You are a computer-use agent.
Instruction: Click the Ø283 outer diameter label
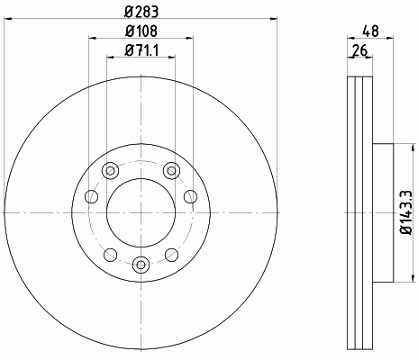[141, 12]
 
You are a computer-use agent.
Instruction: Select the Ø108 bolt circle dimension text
[141, 31]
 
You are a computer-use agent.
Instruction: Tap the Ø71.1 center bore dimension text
[141, 50]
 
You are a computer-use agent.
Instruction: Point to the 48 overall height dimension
[370, 31]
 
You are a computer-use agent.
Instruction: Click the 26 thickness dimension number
[359, 50]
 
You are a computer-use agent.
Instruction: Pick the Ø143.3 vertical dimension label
[407, 212]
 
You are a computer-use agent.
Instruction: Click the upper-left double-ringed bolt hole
[111, 171]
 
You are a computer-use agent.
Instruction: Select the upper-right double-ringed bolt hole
[171, 171]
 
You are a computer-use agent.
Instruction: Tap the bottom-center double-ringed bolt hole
[141, 265]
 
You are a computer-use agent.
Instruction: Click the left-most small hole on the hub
[92, 197]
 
